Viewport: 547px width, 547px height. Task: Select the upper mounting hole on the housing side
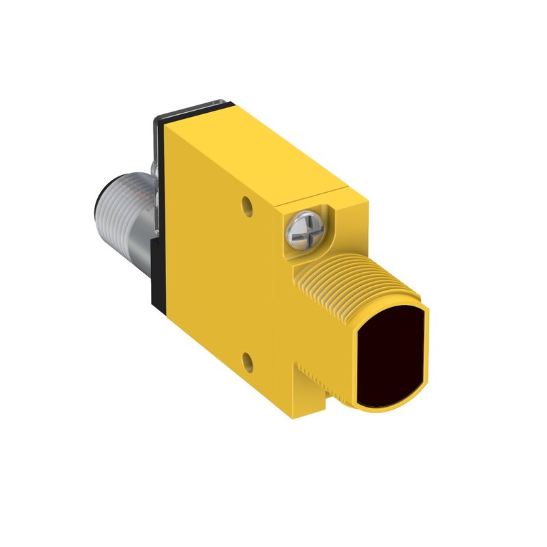[x=246, y=203]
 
